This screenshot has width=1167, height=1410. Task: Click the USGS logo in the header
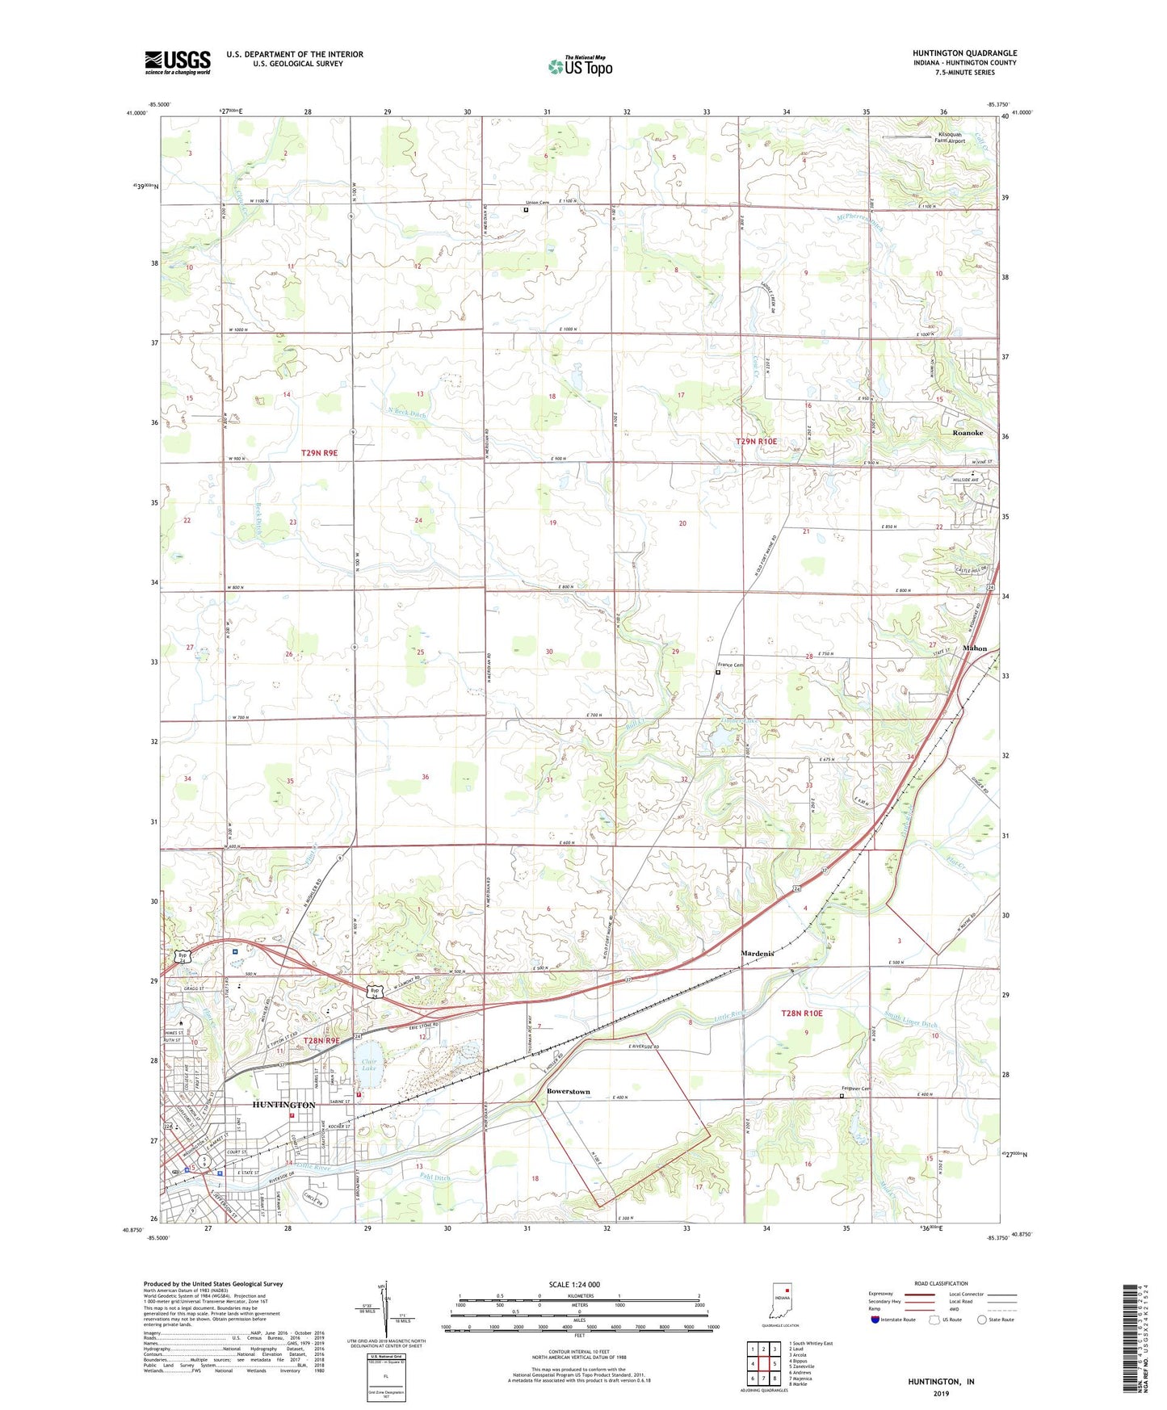[x=178, y=62]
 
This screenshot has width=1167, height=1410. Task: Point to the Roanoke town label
[x=968, y=433]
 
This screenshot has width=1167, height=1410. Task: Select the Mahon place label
[x=974, y=648]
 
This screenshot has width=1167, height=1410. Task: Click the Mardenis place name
[x=758, y=954]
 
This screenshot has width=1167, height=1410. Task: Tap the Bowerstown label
[x=568, y=1091]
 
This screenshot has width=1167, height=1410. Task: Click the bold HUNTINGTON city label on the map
[x=283, y=1105]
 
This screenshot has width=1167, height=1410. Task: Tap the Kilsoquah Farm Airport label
[x=950, y=137]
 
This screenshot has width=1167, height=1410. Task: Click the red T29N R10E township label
[x=756, y=441]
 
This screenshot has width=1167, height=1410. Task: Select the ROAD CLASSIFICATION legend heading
[x=942, y=1283]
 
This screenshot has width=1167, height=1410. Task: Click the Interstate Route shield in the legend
[x=876, y=1320]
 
